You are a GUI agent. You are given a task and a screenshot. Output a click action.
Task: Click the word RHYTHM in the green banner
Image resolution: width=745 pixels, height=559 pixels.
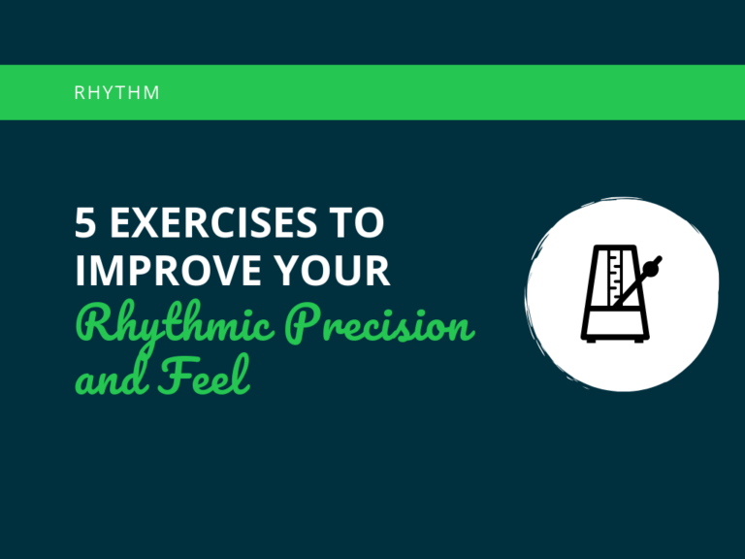(x=117, y=93)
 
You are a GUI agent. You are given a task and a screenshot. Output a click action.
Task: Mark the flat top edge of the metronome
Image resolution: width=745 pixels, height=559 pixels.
(x=611, y=247)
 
